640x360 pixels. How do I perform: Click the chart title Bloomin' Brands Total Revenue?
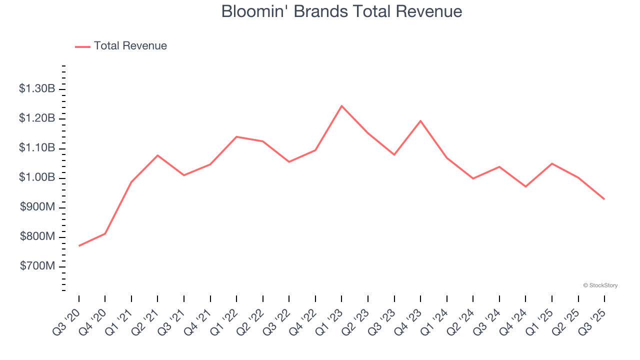point(341,11)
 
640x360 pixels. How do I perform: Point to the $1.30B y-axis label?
point(37,89)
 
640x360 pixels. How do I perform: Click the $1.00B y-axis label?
point(37,178)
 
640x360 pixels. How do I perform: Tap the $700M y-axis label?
point(37,266)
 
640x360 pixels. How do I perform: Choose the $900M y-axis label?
point(37,207)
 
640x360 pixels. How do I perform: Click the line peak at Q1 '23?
point(341,106)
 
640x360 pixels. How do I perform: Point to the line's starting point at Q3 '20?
point(79,245)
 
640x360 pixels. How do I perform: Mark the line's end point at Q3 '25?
point(604,199)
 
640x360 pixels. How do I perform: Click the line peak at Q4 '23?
point(420,120)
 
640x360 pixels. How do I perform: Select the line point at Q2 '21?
point(157,155)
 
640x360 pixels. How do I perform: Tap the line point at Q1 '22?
point(236,136)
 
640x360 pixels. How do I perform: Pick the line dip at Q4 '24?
point(525,186)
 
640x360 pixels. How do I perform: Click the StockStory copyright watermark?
point(600,285)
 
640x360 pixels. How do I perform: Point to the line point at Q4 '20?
point(105,233)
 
